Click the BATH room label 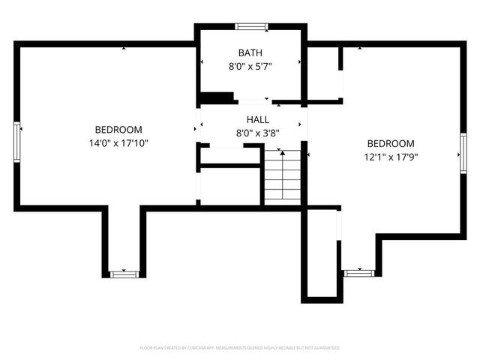point(250,52)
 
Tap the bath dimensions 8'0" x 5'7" point(250,66)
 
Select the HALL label point(258,120)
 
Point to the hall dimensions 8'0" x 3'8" point(258,133)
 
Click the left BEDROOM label point(118,130)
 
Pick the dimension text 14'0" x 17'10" point(118,143)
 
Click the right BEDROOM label point(390,144)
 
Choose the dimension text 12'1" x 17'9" point(390,157)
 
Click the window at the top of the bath point(251,27)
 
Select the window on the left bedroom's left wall point(16,141)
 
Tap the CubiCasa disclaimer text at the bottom point(240,348)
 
